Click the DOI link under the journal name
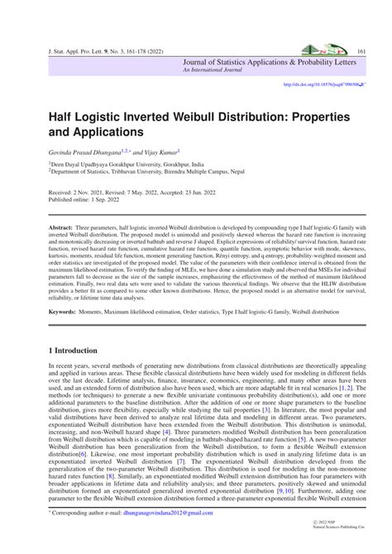[324, 85]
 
